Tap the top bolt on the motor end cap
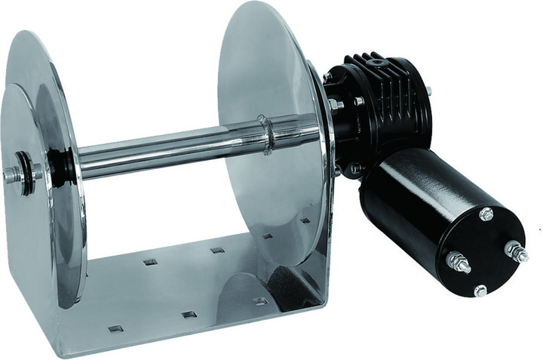coord(486,215)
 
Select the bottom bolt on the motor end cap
coord(480,290)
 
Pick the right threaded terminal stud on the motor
coord(517,251)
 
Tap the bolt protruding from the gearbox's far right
coord(428,91)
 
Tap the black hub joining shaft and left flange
coord(62,166)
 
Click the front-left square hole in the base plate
coord(115,328)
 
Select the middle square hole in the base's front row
coord(189,314)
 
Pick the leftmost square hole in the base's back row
coord(150,262)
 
